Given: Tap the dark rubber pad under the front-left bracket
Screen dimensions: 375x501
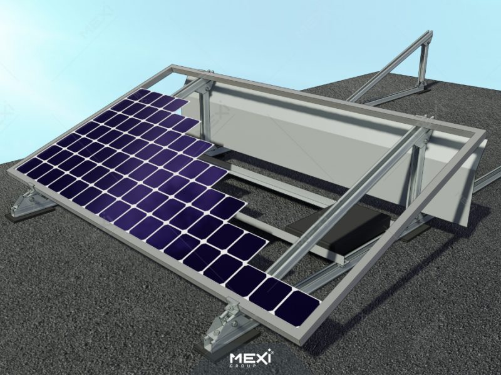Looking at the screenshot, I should [x=19, y=216].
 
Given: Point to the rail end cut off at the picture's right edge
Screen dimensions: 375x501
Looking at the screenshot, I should [x=492, y=181].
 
